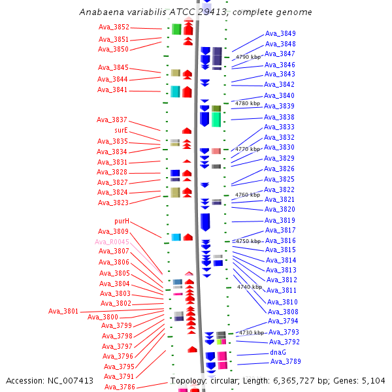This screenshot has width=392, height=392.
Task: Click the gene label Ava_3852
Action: point(114,27)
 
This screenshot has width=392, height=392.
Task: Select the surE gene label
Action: point(121,131)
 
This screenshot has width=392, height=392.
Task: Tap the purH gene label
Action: point(122,221)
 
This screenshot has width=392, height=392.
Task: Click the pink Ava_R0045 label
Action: point(112,242)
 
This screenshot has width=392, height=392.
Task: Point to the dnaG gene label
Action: point(278,352)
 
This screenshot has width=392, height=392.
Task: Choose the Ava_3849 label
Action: point(280,33)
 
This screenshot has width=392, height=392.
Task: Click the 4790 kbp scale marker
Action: point(248,57)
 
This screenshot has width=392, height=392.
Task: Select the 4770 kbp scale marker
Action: point(248,149)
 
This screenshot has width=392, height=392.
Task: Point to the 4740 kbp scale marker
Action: point(250,287)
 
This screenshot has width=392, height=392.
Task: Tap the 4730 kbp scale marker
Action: point(251,333)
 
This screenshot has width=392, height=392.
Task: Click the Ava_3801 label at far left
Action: point(63,311)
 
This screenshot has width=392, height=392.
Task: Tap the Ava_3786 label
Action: point(120,387)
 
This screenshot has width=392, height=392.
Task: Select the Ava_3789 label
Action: point(286,361)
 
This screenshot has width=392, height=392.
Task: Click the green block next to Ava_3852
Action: point(176,29)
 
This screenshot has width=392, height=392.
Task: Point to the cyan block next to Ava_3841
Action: point(175,91)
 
